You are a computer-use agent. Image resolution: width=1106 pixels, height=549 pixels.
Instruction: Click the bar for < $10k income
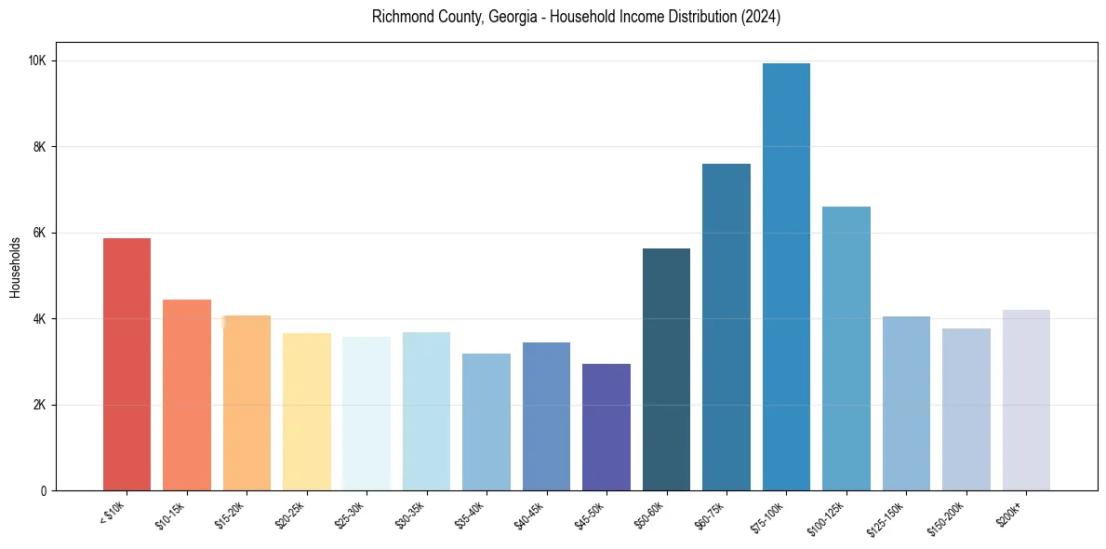(127, 364)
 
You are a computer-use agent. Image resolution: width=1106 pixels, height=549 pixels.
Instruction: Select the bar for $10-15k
(187, 395)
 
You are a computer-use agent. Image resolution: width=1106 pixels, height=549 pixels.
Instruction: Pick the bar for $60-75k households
(726, 327)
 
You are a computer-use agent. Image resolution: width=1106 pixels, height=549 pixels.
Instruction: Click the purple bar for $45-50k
(606, 427)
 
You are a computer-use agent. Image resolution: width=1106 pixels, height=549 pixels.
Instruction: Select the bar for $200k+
(1026, 400)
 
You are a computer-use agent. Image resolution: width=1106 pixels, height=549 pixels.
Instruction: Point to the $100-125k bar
(846, 348)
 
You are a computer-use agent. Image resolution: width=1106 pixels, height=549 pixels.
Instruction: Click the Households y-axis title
(15, 267)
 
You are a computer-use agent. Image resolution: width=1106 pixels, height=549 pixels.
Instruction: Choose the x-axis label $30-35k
(415, 514)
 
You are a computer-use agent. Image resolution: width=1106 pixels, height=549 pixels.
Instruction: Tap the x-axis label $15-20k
(235, 514)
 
